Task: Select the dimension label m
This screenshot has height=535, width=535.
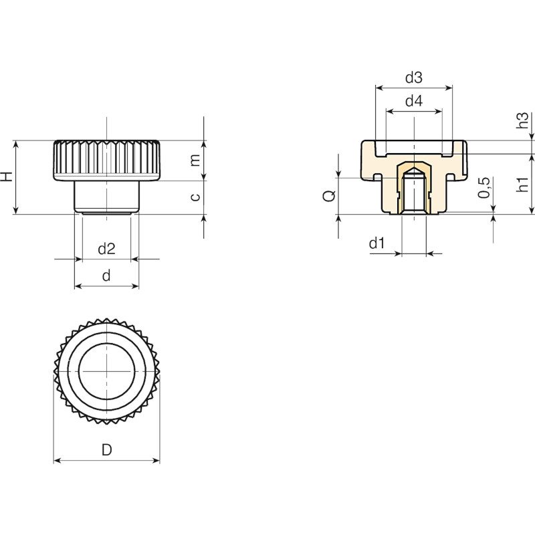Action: (x=195, y=160)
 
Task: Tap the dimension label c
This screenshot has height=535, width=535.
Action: (x=195, y=197)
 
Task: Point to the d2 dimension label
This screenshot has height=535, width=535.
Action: (x=106, y=249)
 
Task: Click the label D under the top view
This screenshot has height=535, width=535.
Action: (x=107, y=450)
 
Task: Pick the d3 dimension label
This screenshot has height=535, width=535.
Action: (x=414, y=78)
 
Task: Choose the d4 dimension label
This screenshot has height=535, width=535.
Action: (x=414, y=101)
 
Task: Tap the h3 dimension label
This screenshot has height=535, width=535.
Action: (x=522, y=120)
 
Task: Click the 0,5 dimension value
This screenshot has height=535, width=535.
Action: (x=484, y=188)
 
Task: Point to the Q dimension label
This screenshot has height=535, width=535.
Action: (x=329, y=196)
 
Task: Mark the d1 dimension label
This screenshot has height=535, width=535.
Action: (x=377, y=243)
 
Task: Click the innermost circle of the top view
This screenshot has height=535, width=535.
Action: (x=107, y=343)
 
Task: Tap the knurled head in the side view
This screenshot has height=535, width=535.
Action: (x=107, y=160)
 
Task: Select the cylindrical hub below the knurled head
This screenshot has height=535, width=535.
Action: (x=107, y=197)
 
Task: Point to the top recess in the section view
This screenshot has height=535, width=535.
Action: (x=414, y=148)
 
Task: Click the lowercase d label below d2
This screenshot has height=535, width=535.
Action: (x=106, y=276)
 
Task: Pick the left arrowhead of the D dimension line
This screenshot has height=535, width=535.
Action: (x=58, y=461)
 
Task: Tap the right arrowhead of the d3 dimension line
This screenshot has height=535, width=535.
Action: (x=449, y=88)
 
